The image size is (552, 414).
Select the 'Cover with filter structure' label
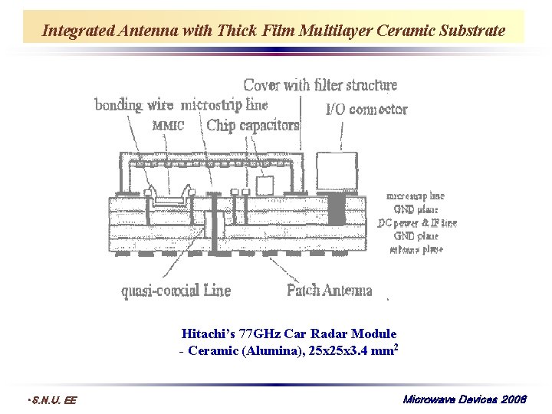pyautogui.click(x=320, y=84)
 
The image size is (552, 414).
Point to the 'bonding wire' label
pyautogui.click(x=134, y=105)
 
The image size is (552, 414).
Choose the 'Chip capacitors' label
pyautogui.click(x=253, y=125)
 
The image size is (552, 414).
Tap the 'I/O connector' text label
pyautogui.click(x=366, y=110)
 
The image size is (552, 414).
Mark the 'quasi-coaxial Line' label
pyautogui.click(x=176, y=291)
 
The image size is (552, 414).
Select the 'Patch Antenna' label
pyautogui.click(x=329, y=290)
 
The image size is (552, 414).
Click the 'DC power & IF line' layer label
pyautogui.click(x=417, y=223)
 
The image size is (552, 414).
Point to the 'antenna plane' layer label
pyautogui.click(x=416, y=249)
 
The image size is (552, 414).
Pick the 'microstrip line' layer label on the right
pyautogui.click(x=415, y=196)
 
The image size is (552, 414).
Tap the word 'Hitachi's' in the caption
pyautogui.click(x=208, y=333)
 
